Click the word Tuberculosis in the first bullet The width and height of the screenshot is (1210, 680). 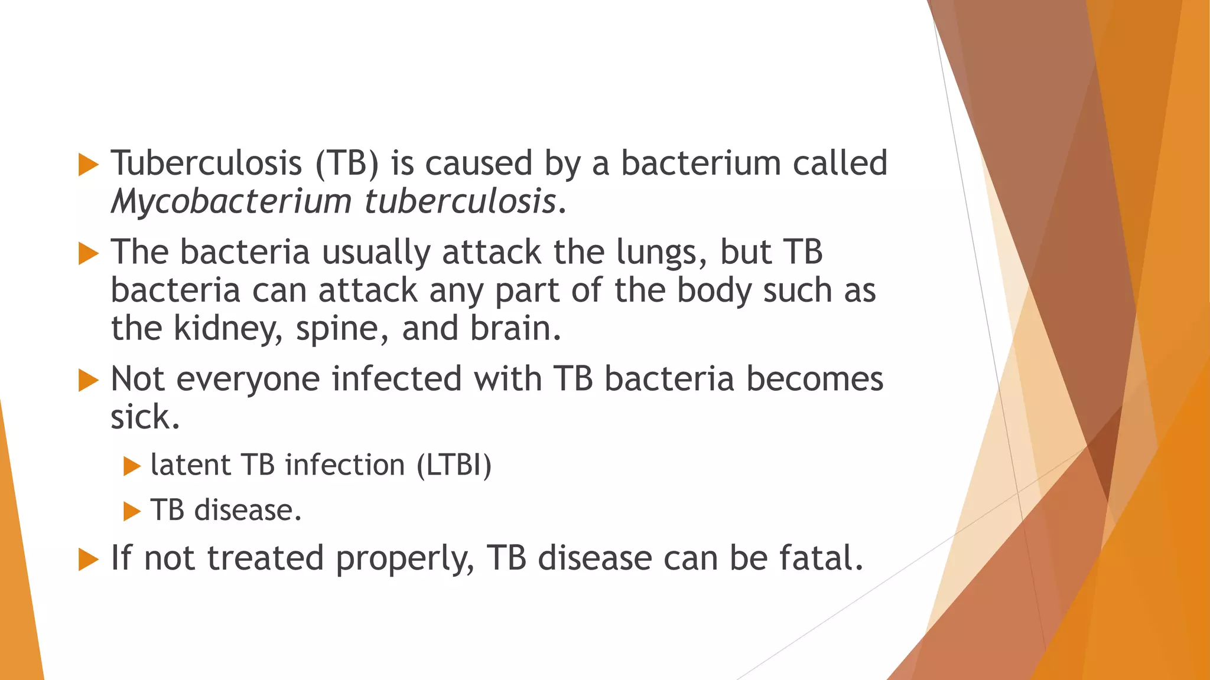pyautogui.click(x=206, y=164)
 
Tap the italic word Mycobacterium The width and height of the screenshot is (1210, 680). pyautogui.click(x=231, y=202)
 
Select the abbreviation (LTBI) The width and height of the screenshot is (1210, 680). pyautogui.click(x=454, y=465)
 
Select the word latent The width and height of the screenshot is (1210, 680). pyautogui.click(x=190, y=465)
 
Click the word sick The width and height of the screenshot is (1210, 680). pyautogui.click(x=144, y=417)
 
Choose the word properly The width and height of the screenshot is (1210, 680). pyautogui.click(x=405, y=559)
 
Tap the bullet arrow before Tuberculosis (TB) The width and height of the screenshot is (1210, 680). pyautogui.click(x=88, y=165)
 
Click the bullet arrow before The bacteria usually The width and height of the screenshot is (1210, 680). pyautogui.click(x=88, y=254)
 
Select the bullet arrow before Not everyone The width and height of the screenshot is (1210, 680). pyautogui.click(x=88, y=381)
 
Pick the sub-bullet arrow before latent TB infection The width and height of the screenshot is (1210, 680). pyautogui.click(x=132, y=466)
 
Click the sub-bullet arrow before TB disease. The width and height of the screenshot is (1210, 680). pyautogui.click(x=132, y=511)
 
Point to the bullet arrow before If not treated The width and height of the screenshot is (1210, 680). pyautogui.click(x=88, y=560)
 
